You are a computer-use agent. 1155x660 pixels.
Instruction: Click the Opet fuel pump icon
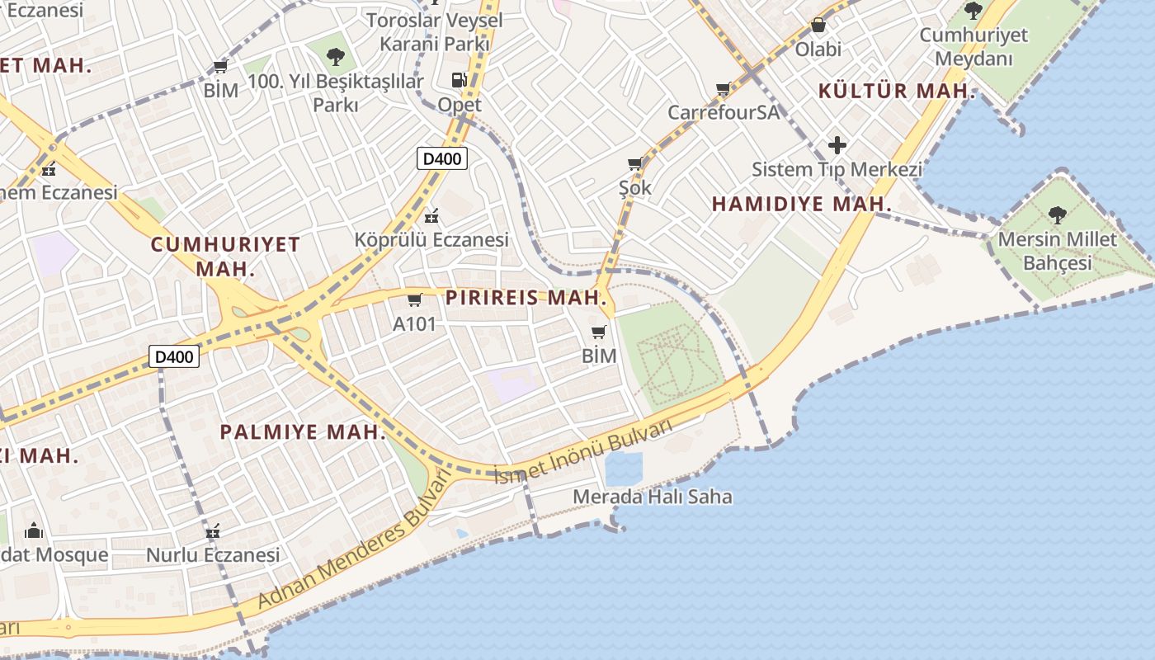click(460, 80)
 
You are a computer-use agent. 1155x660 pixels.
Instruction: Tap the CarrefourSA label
click(723, 112)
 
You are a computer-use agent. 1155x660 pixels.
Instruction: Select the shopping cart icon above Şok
click(634, 164)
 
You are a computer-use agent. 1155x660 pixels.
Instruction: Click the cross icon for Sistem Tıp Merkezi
click(837, 145)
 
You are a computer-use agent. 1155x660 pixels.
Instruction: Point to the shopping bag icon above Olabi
click(818, 26)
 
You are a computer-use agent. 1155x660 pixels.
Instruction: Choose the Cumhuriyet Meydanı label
click(973, 47)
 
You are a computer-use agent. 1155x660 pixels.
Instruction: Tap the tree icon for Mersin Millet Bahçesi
click(1057, 215)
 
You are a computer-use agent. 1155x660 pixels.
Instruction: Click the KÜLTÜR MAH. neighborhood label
click(897, 91)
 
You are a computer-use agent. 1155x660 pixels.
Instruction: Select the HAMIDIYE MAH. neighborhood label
click(802, 204)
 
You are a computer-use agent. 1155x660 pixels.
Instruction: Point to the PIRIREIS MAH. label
click(527, 298)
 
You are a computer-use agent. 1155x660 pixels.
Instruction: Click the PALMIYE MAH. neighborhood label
click(303, 431)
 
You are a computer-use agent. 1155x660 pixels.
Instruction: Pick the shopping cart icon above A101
click(414, 299)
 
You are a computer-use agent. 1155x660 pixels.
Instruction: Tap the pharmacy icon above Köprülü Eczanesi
click(431, 217)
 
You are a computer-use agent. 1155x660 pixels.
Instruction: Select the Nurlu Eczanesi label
click(213, 555)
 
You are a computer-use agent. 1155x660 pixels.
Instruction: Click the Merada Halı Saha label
click(652, 497)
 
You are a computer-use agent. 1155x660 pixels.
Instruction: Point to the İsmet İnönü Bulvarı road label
click(582, 451)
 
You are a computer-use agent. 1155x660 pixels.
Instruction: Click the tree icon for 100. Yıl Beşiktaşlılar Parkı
click(335, 57)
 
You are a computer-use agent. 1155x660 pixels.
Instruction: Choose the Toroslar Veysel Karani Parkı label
click(434, 31)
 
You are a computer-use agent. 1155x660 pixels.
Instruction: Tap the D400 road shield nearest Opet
click(442, 158)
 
